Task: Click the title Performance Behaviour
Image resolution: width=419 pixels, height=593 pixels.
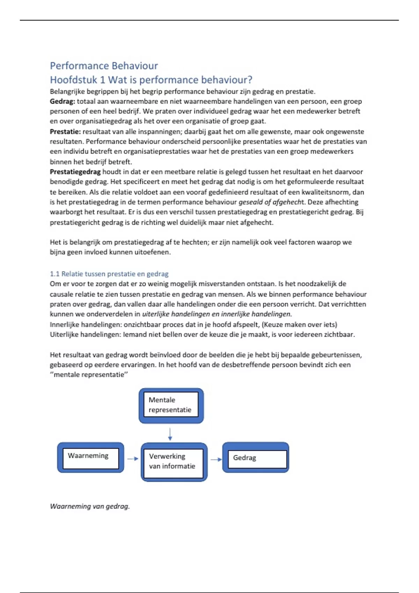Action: tap(104, 66)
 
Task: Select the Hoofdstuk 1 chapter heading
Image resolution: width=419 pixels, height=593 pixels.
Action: tap(151, 80)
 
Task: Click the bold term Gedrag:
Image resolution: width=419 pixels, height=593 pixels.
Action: tap(62, 102)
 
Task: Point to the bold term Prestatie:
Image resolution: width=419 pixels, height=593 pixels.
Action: tap(65, 132)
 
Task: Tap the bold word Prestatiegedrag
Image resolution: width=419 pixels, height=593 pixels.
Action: tap(75, 172)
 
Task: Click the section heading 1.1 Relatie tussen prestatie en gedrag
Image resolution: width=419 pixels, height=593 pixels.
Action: tap(109, 274)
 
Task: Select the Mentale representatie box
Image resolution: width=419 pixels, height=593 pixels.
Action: tap(171, 405)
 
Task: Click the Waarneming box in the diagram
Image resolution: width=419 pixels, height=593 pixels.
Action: tap(90, 457)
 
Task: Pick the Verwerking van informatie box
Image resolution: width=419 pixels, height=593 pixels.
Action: tap(174, 462)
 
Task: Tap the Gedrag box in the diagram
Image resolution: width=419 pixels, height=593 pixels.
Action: tap(256, 458)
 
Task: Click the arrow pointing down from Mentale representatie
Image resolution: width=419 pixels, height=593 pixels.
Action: tap(170, 434)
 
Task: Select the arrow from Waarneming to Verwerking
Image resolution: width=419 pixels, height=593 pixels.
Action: tap(133, 459)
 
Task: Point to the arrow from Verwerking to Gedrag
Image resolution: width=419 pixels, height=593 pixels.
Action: tap(216, 459)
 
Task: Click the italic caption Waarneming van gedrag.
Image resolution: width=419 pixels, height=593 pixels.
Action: tap(90, 506)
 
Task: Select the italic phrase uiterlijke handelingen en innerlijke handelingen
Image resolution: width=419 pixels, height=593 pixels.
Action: tap(216, 314)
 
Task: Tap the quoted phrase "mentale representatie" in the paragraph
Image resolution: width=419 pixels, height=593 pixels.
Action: tap(89, 375)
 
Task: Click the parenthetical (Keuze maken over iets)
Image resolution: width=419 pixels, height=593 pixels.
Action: tap(299, 324)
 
